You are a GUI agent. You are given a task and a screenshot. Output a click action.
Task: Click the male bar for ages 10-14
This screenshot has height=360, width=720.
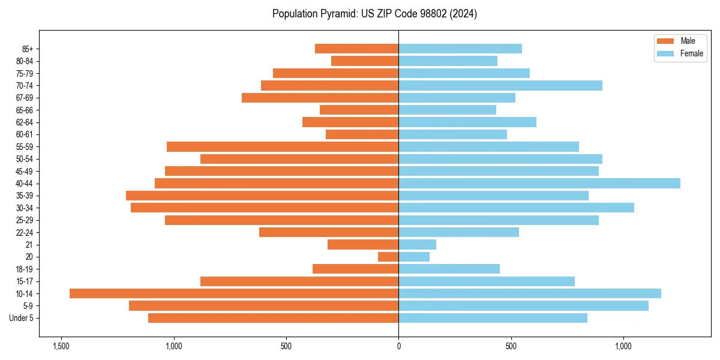tap(234, 293)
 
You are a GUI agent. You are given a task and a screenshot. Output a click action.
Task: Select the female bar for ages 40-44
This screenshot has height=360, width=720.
tap(539, 183)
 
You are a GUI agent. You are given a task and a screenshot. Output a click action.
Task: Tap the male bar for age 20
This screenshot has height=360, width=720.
tap(388, 257)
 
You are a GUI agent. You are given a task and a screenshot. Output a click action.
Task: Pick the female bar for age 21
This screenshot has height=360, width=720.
tap(418, 244)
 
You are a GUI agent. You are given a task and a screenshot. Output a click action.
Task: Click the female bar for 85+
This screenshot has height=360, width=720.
tap(460, 49)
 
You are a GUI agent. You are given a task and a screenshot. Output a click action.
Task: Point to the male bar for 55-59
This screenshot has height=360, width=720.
tap(283, 146)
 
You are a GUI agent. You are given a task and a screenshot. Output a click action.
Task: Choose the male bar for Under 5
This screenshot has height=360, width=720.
tap(274, 318)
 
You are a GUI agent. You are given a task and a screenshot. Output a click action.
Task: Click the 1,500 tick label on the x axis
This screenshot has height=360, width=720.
tap(61, 346)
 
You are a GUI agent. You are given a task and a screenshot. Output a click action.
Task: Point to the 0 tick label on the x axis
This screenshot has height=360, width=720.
tap(398, 346)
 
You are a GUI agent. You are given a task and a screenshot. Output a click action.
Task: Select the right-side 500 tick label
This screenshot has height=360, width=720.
tap(511, 346)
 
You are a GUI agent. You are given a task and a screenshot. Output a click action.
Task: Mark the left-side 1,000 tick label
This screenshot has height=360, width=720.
tap(173, 346)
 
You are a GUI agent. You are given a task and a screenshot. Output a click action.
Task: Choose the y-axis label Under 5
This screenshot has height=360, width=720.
tap(22, 318)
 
